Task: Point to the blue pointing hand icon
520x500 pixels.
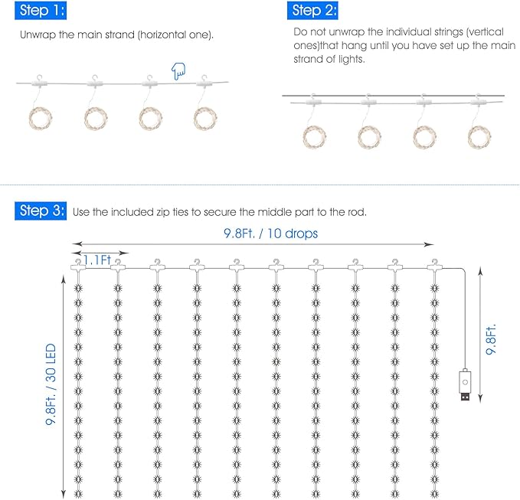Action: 178,73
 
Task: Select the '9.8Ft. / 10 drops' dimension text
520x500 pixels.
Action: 270,233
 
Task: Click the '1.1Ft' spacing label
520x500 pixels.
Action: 98,260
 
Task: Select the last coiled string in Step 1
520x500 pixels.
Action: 205,117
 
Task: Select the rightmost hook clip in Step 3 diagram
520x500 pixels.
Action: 435,265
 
